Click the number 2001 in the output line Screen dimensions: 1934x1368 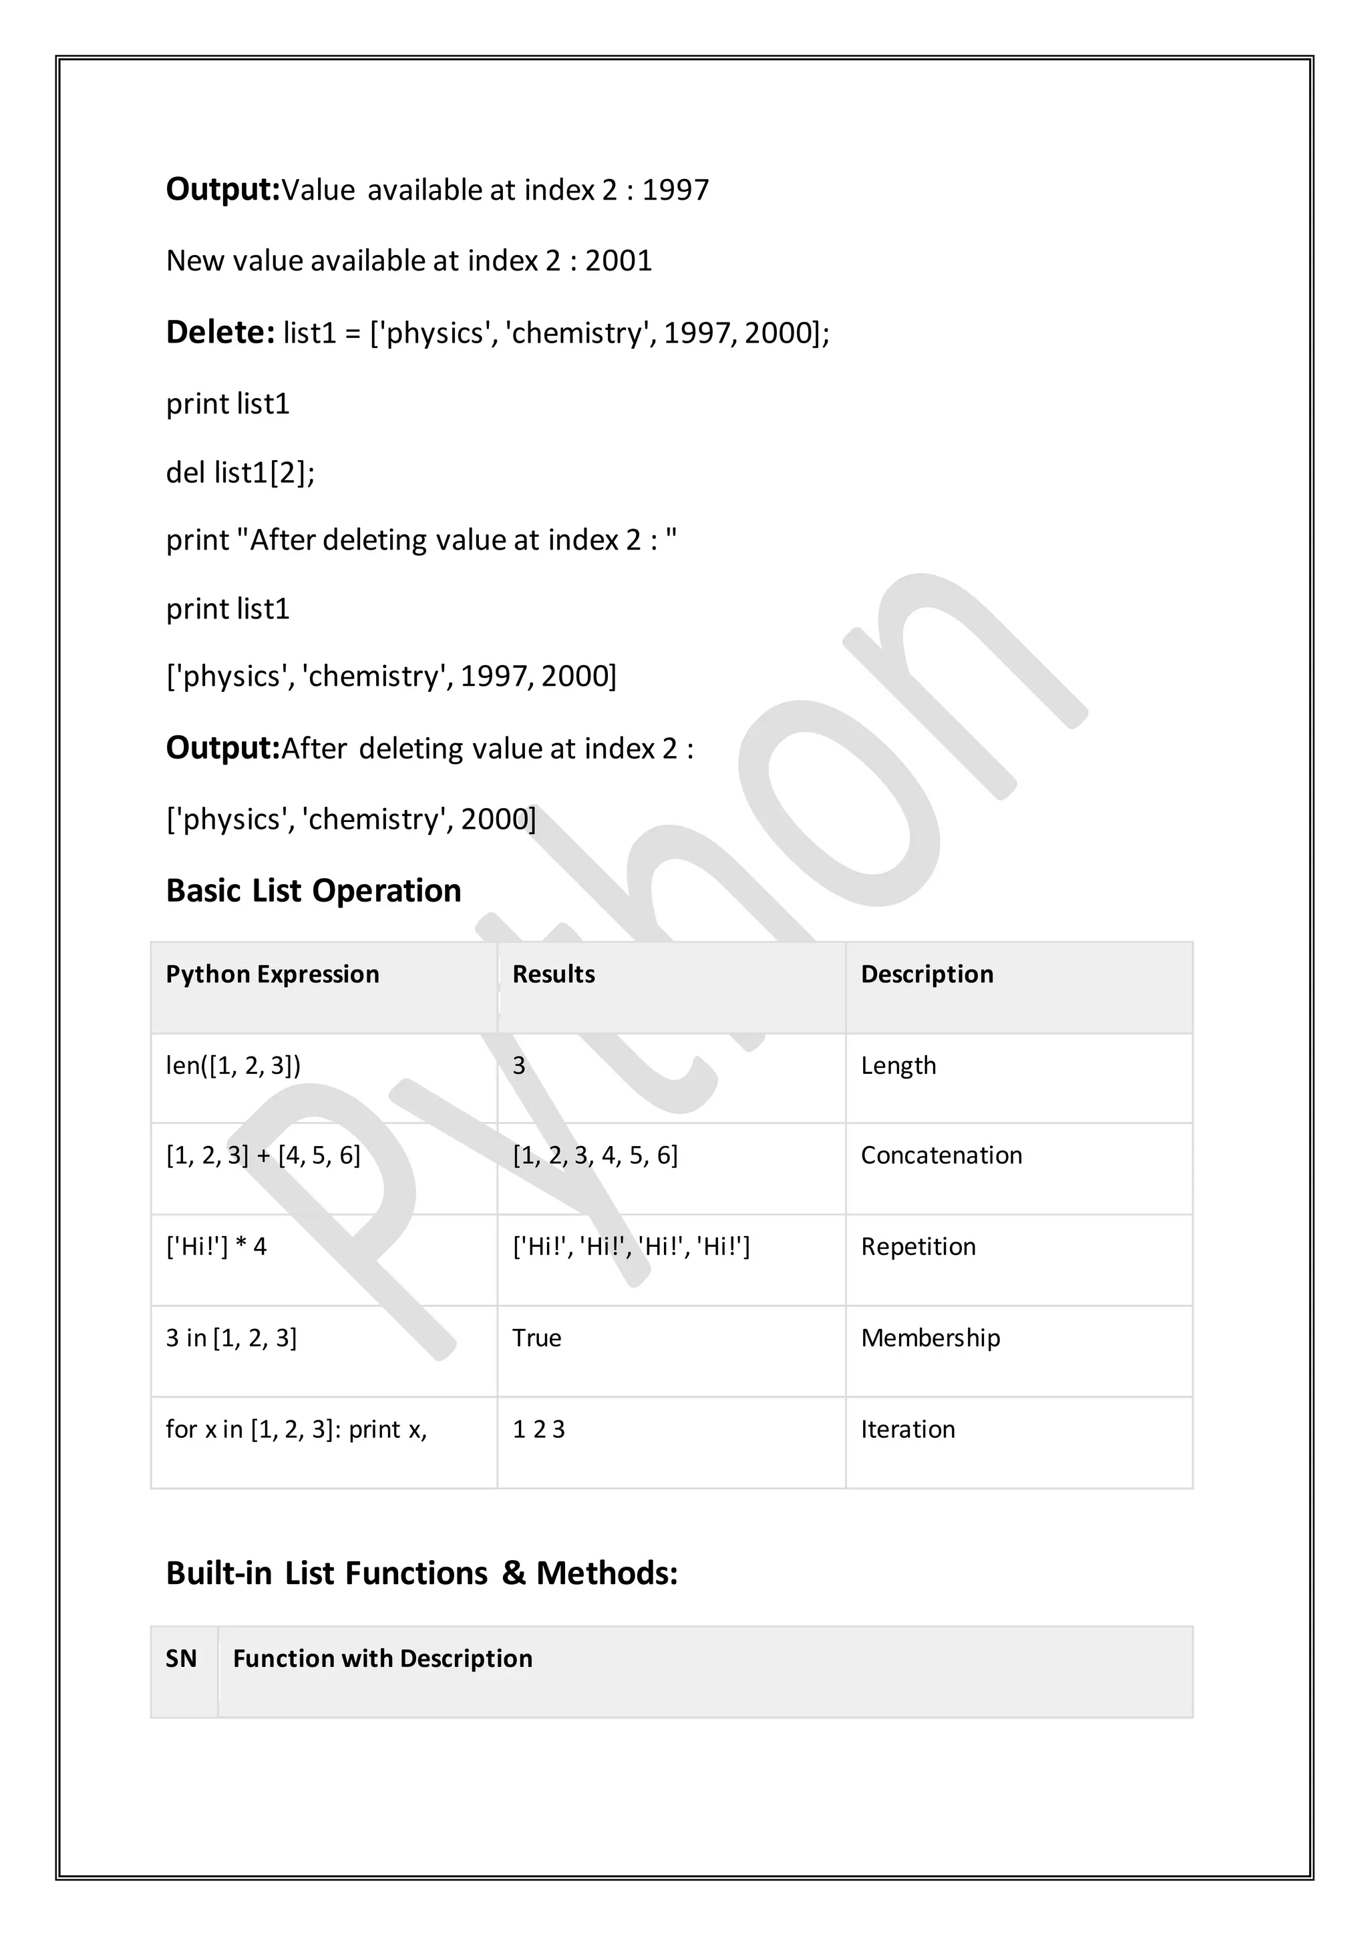click(x=619, y=261)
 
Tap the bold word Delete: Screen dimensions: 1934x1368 click(x=220, y=333)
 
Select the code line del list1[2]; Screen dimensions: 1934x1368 click(x=240, y=473)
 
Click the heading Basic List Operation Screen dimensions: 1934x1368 click(x=313, y=890)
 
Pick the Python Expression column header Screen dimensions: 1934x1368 click(x=272, y=974)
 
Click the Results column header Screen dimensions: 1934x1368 click(x=554, y=974)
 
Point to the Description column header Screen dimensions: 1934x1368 click(x=926, y=974)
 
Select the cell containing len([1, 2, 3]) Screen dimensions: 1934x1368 click(x=233, y=1066)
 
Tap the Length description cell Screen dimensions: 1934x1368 click(x=898, y=1066)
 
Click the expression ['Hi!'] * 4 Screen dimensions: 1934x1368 click(x=216, y=1247)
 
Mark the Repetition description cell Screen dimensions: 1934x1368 click(x=918, y=1247)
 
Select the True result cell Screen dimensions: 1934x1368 click(x=536, y=1338)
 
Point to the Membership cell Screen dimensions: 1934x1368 click(x=930, y=1338)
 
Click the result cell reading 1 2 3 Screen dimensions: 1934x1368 click(x=538, y=1429)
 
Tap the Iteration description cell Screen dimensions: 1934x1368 click(x=907, y=1429)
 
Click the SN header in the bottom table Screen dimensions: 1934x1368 click(x=181, y=1659)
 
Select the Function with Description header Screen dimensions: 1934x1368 click(x=383, y=1659)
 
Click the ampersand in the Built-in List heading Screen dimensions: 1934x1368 click(x=513, y=1573)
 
